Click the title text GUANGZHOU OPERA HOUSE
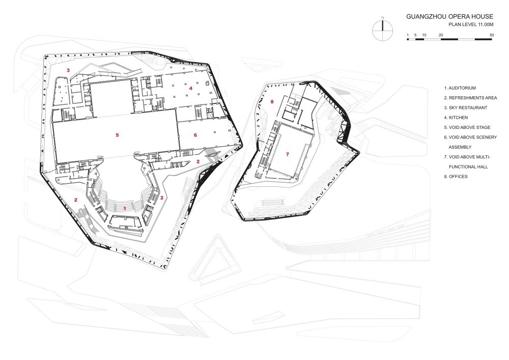point(449,17)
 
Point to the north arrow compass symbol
point(383,30)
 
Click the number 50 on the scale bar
point(492,35)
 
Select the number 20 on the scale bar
point(441,35)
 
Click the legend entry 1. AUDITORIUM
point(460,88)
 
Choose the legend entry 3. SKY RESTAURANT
point(466,108)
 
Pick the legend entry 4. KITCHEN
point(456,118)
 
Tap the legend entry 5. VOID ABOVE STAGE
point(467,128)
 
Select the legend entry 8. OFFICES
point(456,177)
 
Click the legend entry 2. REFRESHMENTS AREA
point(470,98)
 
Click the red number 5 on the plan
point(117,135)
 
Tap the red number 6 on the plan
point(195,135)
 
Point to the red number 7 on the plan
point(287,154)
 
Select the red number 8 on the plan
point(272,102)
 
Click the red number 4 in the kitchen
point(191,88)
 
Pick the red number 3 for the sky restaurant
point(68,70)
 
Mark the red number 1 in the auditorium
point(125,208)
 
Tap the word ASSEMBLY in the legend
point(460,147)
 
